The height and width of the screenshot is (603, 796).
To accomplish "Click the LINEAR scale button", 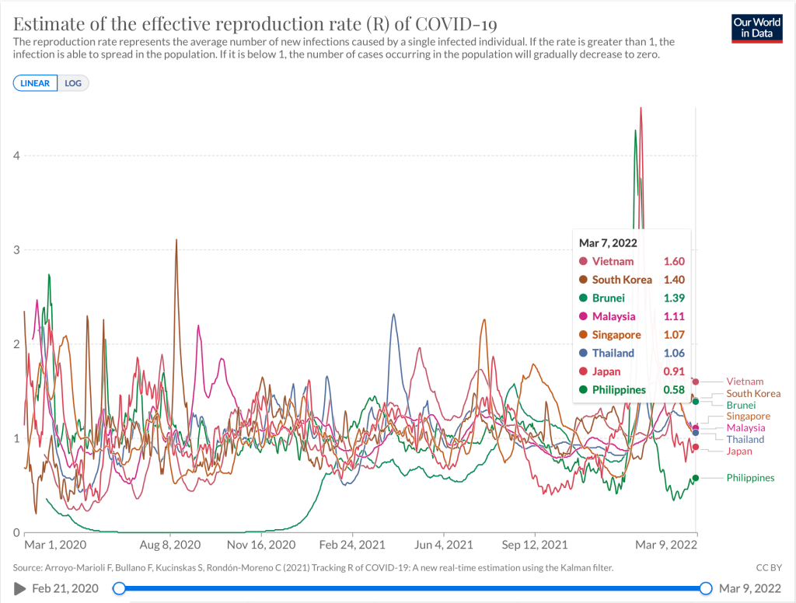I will point(35,83).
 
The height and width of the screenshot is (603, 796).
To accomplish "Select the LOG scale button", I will point(73,83).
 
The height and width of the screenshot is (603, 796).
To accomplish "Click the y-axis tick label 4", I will point(15,155).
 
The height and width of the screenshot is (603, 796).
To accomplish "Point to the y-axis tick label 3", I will point(15,249).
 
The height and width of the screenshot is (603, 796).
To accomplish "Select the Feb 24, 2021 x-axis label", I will point(352,545).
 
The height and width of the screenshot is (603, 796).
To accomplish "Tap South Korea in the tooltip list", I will point(622,280).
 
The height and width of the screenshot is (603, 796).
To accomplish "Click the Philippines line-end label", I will point(750,478).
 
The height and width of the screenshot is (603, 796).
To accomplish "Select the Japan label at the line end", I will point(739,451).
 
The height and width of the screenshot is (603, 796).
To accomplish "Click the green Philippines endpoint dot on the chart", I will point(696,478).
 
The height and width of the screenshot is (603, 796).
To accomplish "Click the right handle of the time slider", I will point(706,588).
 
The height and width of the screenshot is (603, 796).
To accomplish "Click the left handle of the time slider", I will point(119,588).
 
